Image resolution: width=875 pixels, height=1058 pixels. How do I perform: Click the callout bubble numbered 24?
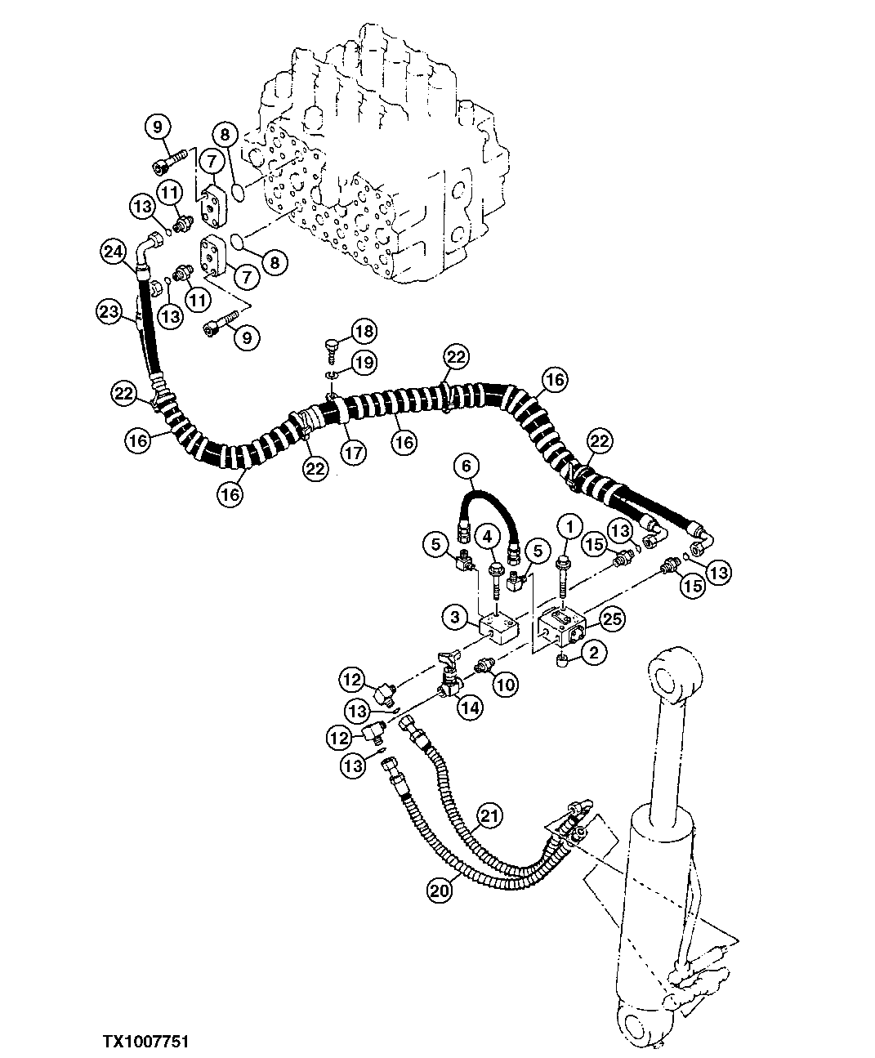(114, 252)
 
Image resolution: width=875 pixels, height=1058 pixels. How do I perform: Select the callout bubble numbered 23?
(108, 312)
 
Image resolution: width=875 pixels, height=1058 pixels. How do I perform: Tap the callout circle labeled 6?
(466, 467)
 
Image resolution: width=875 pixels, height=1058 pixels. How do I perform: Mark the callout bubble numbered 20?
(439, 892)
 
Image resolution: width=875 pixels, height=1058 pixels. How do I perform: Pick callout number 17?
(353, 453)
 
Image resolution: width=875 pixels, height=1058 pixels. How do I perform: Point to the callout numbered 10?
(505, 685)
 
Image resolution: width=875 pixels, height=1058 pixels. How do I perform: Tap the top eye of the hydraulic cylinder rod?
(676, 676)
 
